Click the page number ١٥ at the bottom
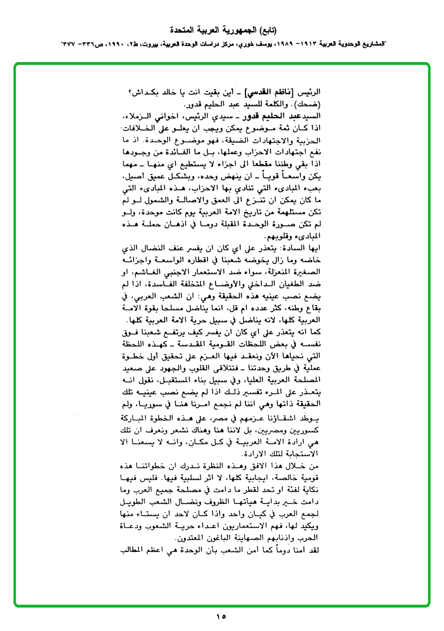pyautogui.click(x=221, y=616)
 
